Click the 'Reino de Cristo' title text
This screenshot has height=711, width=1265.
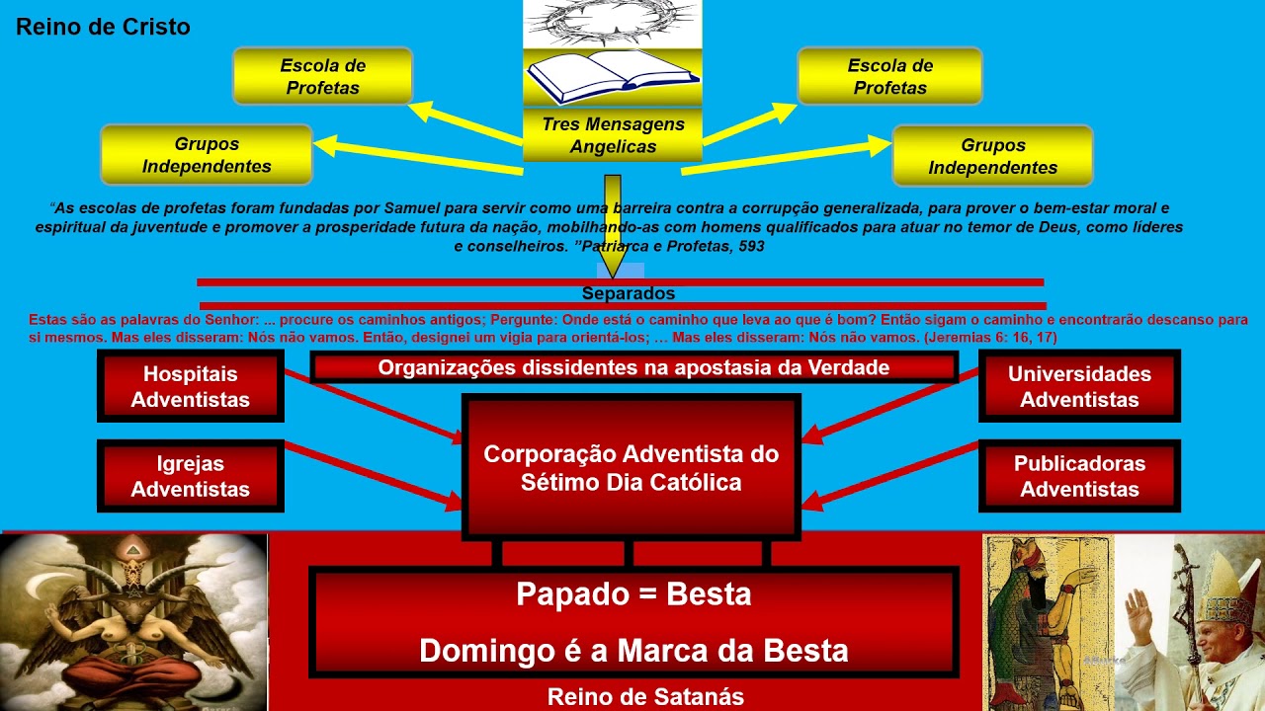pyautogui.click(x=103, y=28)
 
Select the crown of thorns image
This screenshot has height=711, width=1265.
pyautogui.click(x=612, y=22)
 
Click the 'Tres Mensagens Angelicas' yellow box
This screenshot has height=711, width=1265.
pyautogui.click(x=613, y=136)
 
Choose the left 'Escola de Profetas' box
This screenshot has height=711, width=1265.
pyautogui.click(x=322, y=77)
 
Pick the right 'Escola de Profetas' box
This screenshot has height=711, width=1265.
pyautogui.click(x=889, y=77)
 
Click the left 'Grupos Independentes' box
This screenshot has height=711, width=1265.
pyautogui.click(x=207, y=155)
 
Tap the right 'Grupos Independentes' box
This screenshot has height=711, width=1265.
pyautogui.click(x=992, y=156)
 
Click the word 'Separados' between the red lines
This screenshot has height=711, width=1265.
pyautogui.click(x=629, y=293)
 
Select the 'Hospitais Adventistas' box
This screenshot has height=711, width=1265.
pyautogui.click(x=191, y=386)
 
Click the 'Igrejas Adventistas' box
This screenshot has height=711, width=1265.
pyautogui.click(x=191, y=476)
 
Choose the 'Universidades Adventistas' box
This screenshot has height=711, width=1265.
pyautogui.click(x=1079, y=386)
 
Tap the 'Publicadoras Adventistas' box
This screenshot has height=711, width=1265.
pyautogui.click(x=1079, y=476)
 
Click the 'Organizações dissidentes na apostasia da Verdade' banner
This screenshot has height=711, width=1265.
pyautogui.click(x=633, y=368)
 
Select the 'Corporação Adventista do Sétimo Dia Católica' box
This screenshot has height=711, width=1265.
pyautogui.click(x=631, y=468)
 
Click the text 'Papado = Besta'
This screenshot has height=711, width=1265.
pyautogui.click(x=633, y=594)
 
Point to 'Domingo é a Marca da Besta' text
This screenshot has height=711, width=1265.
pyautogui.click(x=633, y=651)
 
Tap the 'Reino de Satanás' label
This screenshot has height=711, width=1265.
pyautogui.click(x=646, y=697)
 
